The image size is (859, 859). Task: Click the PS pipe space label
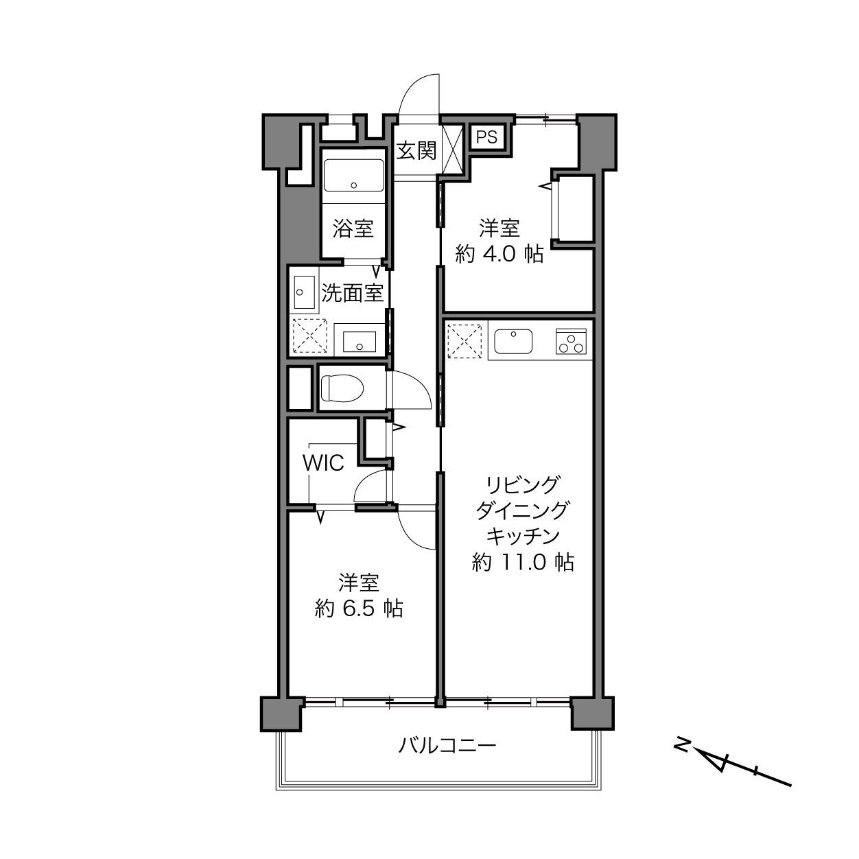point(486,137)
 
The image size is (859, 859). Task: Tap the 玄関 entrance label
point(416,151)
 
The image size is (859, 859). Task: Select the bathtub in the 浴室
point(353,175)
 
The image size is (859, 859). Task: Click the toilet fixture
point(342,388)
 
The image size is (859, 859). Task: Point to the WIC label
point(324,462)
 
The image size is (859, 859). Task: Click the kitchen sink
point(513,342)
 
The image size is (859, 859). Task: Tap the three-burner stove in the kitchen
point(571,342)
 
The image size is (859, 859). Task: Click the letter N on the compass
point(682,744)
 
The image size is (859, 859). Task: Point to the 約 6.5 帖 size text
point(359,609)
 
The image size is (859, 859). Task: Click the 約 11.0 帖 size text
point(523,562)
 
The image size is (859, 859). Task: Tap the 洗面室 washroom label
point(352,293)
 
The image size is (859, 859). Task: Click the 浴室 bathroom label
point(353,228)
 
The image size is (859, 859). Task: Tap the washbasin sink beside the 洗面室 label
point(305,292)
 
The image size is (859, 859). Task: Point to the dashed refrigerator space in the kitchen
point(464,342)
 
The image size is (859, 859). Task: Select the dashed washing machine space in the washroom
point(310,336)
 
